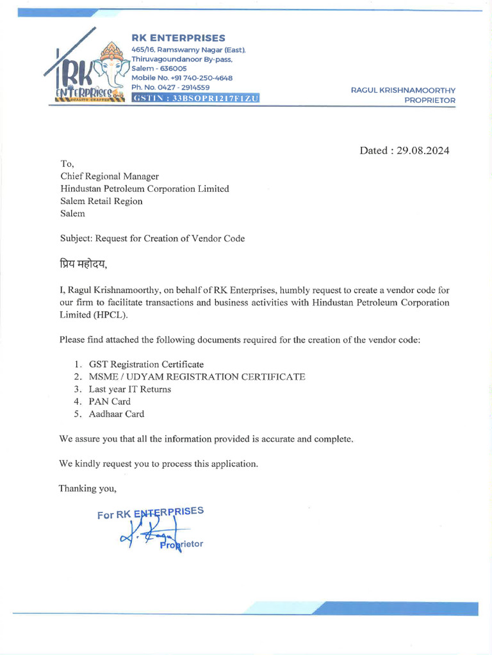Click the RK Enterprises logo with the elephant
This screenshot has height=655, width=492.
(x=86, y=70)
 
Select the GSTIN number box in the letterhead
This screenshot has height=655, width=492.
(x=195, y=98)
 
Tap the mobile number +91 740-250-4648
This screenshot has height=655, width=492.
(x=182, y=78)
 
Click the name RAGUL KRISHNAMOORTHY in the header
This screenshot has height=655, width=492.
(x=403, y=90)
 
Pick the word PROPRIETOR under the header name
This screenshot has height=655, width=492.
(x=430, y=100)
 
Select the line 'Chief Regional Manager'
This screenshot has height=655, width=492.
(x=110, y=177)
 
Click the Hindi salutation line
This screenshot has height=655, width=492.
(x=83, y=264)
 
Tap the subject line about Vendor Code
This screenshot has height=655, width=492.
(x=152, y=239)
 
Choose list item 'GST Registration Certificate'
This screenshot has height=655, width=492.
(x=146, y=365)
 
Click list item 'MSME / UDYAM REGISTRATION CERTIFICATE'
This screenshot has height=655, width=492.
(x=197, y=377)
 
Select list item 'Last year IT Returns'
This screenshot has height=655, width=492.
(x=130, y=389)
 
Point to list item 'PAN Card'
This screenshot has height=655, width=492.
(x=110, y=402)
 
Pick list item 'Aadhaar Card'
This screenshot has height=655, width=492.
(x=117, y=414)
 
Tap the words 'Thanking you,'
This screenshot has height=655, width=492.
(x=88, y=489)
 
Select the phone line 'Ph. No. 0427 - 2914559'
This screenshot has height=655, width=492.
(x=170, y=87)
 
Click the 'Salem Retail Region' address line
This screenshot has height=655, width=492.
(x=101, y=201)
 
